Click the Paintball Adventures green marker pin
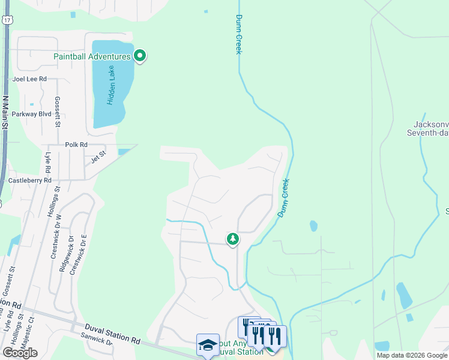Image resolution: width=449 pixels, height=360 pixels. [x=140, y=56]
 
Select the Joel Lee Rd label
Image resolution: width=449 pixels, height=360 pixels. [x=29, y=79]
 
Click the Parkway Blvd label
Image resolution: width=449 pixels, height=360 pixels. [x=32, y=113]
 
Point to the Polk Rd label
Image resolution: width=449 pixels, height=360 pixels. [x=76, y=145]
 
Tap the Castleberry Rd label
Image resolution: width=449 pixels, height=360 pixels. [x=29, y=180]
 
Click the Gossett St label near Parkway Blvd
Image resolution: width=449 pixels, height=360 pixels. [x=58, y=112]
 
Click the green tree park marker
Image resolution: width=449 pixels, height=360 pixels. [x=233, y=239]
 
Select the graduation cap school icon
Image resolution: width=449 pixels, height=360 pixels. [x=208, y=344]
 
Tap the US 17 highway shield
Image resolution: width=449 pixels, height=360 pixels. [x=6, y=20]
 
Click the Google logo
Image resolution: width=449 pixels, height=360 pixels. [x=20, y=353]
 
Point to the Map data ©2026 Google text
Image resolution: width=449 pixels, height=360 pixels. [x=412, y=355]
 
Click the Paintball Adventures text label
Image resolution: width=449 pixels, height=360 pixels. [x=92, y=56]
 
